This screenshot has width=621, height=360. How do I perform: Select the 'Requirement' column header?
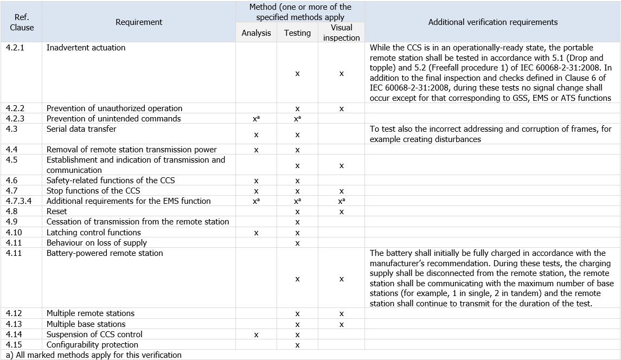[139, 22]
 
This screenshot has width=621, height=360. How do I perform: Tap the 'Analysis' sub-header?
[256, 33]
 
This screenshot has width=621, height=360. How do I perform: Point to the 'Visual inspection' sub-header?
[341, 33]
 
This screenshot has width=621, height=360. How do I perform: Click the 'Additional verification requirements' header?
[492, 22]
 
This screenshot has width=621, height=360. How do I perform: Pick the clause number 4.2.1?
[15, 48]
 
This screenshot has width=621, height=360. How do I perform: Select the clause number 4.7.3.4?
[19, 201]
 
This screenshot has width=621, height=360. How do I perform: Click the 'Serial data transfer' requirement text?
[81, 129]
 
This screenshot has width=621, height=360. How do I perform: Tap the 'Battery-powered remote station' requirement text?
[105, 253]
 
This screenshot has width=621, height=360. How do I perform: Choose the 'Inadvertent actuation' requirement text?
[86, 48]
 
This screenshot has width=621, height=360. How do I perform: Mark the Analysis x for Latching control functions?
[256, 233]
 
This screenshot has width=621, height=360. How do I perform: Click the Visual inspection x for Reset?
[341, 211]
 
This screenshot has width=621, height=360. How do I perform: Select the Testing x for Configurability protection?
[297, 345]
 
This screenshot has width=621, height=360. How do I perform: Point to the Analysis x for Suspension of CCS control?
[256, 335]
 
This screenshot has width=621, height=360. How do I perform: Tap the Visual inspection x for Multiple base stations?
[341, 324]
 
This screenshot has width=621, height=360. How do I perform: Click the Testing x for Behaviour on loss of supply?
[297, 243]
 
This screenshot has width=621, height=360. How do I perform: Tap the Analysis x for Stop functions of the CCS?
[256, 191]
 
